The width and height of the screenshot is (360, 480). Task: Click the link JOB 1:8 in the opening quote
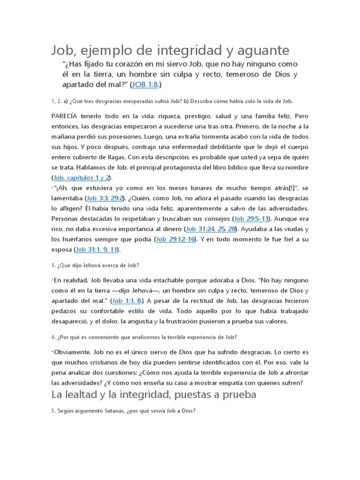(x=146, y=85)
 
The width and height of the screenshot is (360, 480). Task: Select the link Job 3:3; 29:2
(x=105, y=198)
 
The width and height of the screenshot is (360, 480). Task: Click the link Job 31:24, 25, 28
(x=212, y=229)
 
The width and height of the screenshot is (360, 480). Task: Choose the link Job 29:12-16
(x=176, y=240)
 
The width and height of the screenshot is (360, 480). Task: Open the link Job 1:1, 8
(x=127, y=301)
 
